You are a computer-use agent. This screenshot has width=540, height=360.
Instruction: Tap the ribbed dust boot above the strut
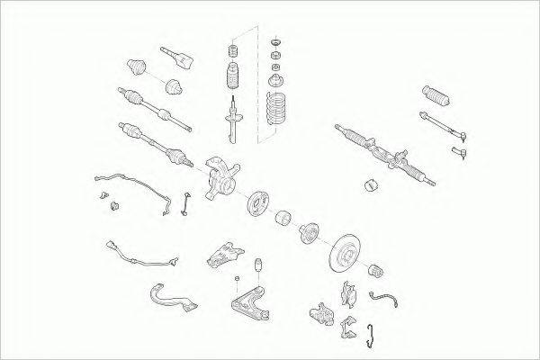(x=229, y=75)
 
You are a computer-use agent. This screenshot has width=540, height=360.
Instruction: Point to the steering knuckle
(x=220, y=176)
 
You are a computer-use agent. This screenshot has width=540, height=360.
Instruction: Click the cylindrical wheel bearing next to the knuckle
(x=280, y=220)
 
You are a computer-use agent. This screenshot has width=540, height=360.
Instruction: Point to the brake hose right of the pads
(x=387, y=302)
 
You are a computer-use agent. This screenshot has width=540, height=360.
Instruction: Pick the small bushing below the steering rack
(x=370, y=187)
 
